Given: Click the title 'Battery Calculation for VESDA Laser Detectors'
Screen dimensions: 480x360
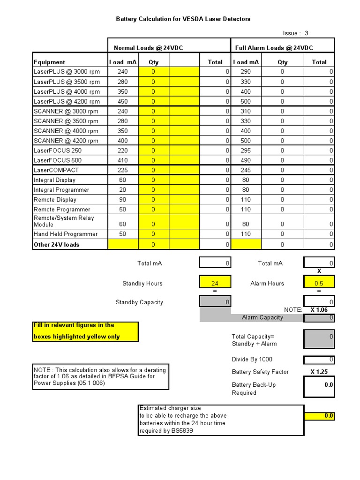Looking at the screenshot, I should tap(183, 19).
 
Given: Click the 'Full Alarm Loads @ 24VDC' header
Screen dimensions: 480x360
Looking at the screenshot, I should tap(274, 48).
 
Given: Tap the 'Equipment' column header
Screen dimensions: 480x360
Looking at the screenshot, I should tap(49, 62).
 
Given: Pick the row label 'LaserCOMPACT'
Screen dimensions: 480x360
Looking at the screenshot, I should tap(56, 170).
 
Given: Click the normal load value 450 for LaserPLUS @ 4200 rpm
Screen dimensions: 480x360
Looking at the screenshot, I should tap(122, 101).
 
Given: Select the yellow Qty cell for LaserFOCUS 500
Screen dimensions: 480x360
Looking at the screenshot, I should tap(153, 160).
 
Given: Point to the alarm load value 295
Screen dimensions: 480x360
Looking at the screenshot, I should tap(245, 150).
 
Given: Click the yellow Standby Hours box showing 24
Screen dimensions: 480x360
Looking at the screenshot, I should tap(215, 283).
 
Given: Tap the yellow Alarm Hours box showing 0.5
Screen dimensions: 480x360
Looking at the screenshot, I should tap(319, 283).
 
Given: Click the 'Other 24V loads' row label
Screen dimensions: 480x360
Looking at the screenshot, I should tap(57, 245).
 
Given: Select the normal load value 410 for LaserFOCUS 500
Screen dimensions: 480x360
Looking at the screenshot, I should tap(122, 160).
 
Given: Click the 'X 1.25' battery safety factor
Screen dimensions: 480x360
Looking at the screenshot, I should tap(319, 372).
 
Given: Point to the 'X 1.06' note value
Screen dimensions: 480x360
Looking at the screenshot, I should tap(319, 310).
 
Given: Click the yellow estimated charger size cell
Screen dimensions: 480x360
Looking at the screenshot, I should tap(319, 416).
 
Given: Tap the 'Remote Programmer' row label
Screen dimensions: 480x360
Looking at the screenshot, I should tap(62, 210).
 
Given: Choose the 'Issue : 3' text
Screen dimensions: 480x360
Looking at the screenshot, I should tap(296, 33).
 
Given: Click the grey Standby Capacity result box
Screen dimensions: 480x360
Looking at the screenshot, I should tap(215, 302).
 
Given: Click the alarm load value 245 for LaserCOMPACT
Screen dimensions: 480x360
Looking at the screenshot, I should tap(245, 170).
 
